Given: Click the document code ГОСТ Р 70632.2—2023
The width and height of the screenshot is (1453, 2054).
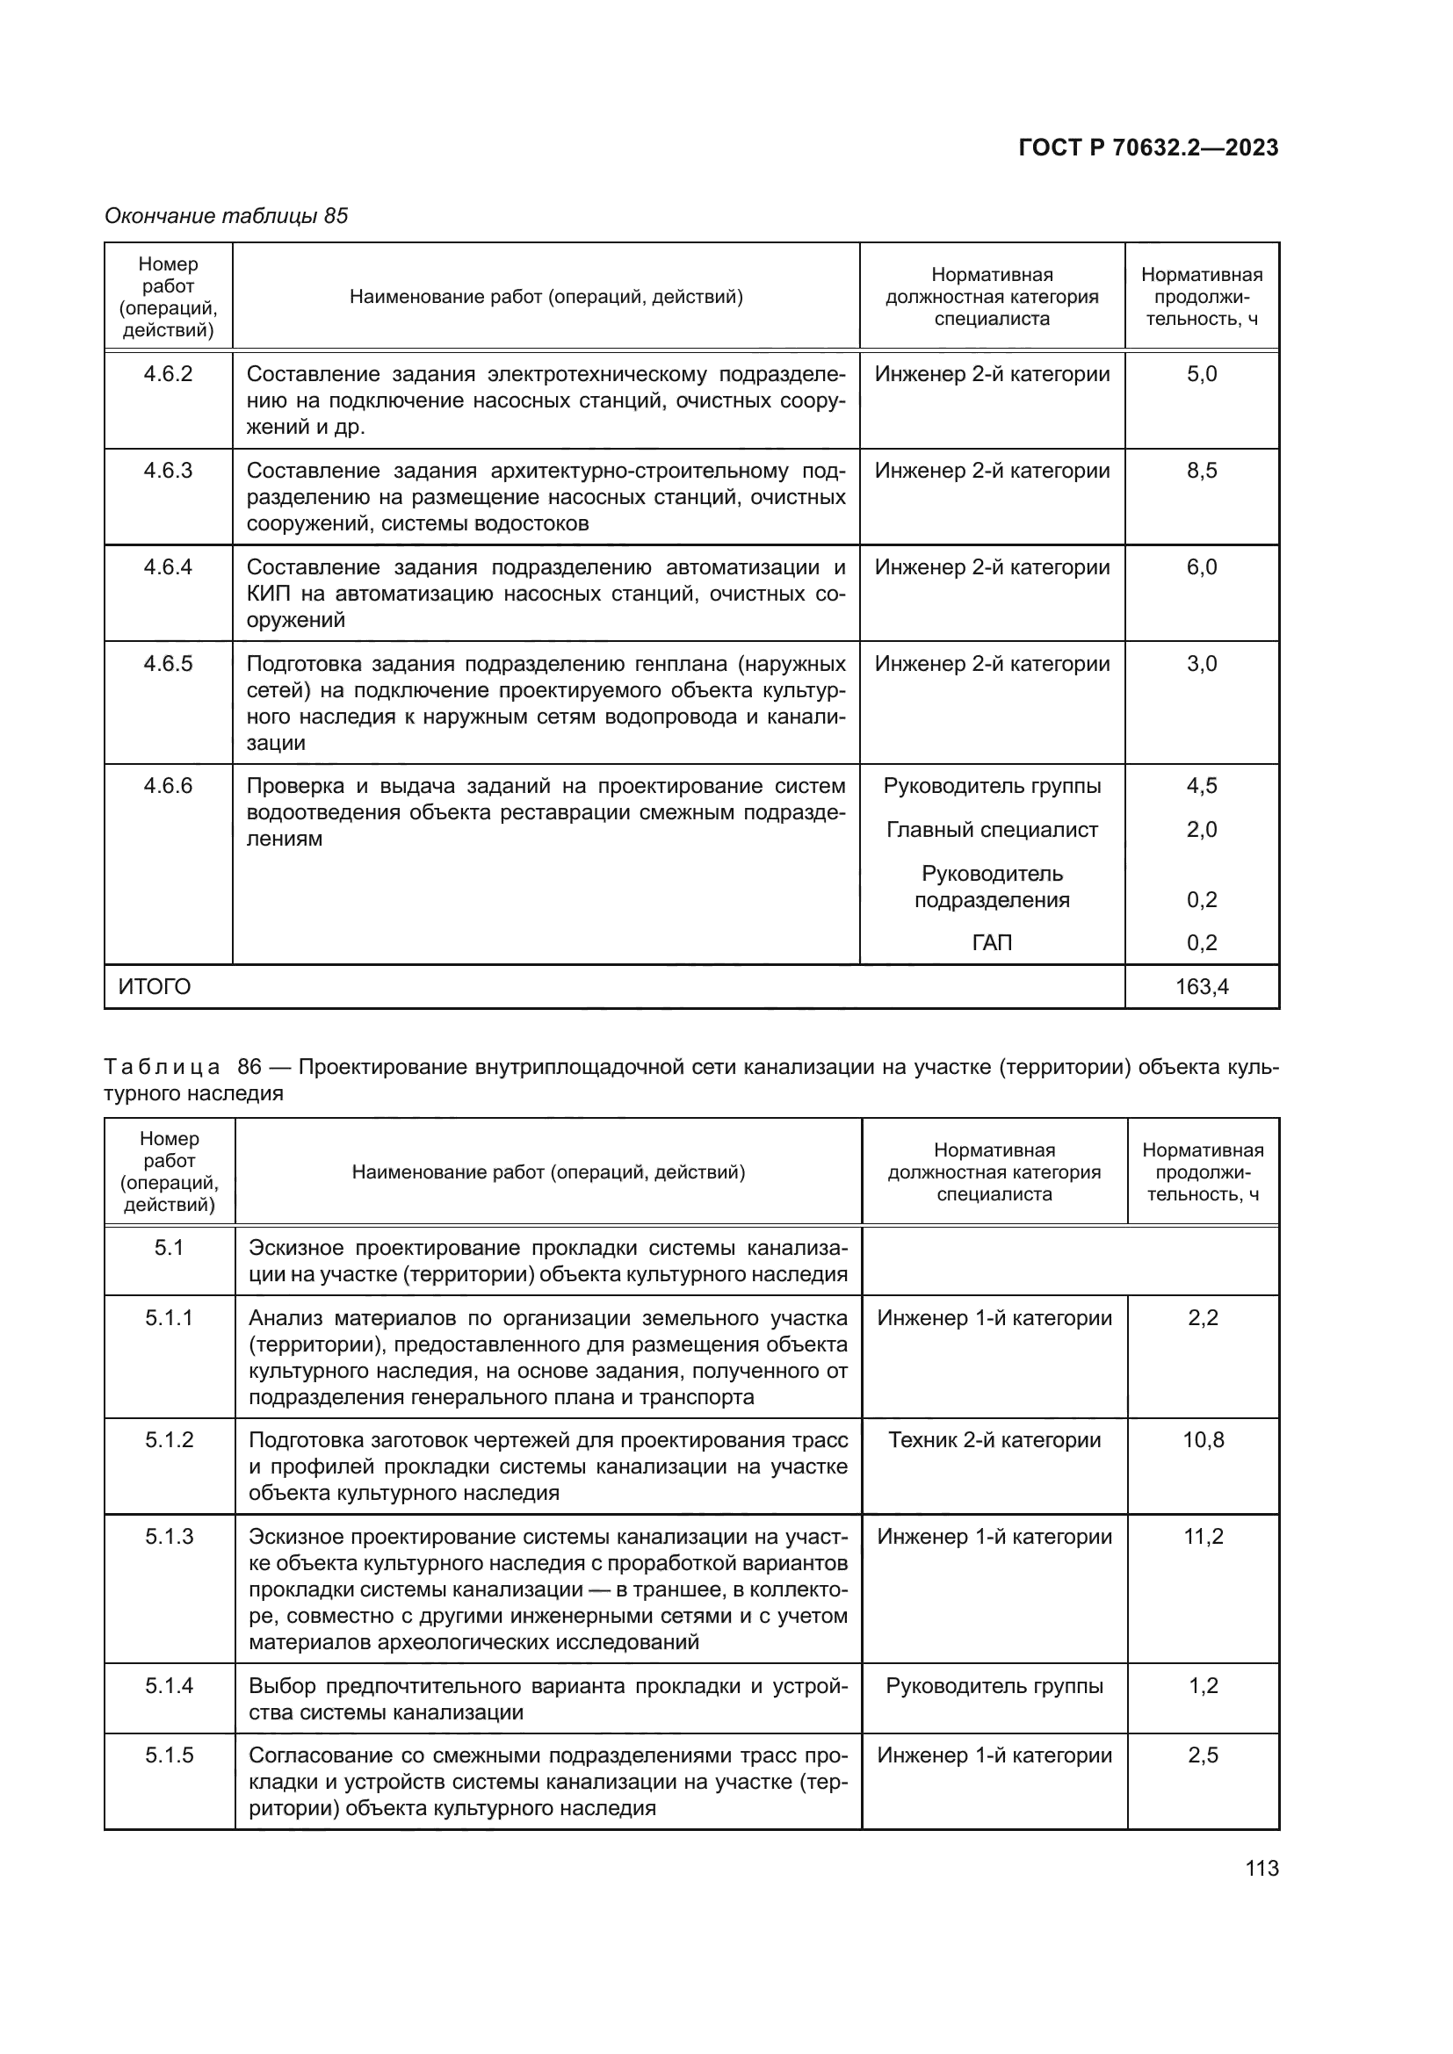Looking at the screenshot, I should click(x=1148, y=148).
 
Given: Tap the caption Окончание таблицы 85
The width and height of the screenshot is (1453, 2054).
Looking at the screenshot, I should click(x=227, y=216).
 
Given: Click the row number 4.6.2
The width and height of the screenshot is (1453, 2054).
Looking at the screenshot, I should click(x=168, y=374).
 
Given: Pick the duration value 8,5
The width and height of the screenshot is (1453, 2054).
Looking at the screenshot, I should click(x=1202, y=471).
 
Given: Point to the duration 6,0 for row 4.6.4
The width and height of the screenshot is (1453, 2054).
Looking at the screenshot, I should click(x=1202, y=567).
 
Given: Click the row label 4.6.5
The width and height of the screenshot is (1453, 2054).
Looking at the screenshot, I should click(x=168, y=664).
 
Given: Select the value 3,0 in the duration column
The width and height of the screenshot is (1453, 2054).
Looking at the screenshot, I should click(x=1202, y=664).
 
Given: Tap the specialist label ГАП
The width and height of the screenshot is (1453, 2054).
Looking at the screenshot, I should click(x=991, y=942).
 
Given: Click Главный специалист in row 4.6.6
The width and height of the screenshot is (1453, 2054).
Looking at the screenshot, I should click(x=991, y=829).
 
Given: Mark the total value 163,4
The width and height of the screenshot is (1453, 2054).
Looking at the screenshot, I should click(x=1202, y=987).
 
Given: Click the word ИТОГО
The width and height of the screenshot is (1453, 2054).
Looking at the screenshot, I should click(x=155, y=987).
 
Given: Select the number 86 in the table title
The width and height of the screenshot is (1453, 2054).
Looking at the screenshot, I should click(x=249, y=1066).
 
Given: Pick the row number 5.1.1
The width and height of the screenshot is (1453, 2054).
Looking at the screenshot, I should click(x=169, y=1318).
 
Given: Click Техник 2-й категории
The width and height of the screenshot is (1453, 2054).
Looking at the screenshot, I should click(x=994, y=1439).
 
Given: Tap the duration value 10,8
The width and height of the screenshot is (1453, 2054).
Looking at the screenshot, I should click(x=1204, y=1439).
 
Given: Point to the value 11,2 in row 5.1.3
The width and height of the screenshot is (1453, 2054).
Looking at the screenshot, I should click(x=1204, y=1536).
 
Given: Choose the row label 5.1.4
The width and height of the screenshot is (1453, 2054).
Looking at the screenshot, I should click(x=169, y=1685).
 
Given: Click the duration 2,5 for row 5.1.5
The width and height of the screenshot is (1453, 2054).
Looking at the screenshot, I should click(x=1204, y=1755).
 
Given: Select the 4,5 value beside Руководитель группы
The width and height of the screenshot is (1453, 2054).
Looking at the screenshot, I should click(x=1202, y=785).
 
